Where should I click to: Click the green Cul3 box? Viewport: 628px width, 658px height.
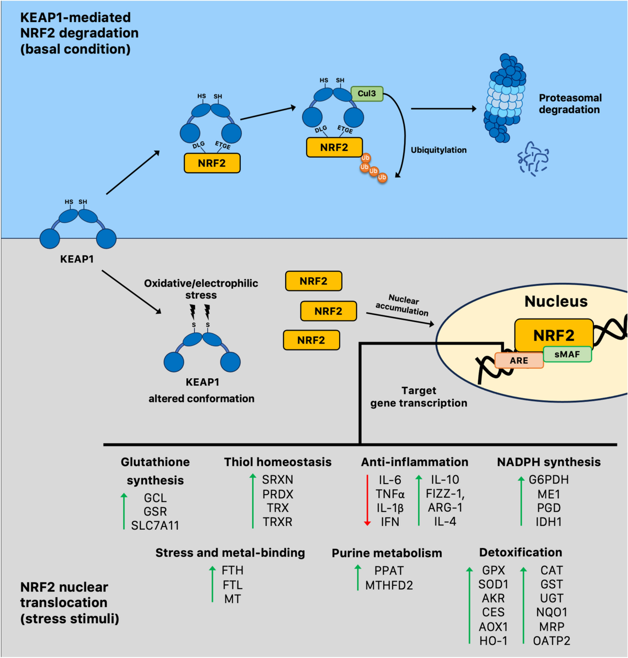(x=367, y=94)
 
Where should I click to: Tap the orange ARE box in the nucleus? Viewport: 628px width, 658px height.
(x=519, y=360)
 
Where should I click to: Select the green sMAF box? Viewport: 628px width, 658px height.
(x=567, y=355)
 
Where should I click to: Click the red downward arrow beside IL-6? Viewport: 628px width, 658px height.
(x=367, y=500)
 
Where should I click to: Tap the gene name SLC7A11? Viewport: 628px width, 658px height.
(x=155, y=525)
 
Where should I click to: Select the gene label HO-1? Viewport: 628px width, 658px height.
(x=493, y=641)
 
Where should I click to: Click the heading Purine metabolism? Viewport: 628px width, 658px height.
(x=387, y=553)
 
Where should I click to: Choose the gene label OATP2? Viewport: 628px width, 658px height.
(x=552, y=641)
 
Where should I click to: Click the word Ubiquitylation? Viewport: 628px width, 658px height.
(x=439, y=150)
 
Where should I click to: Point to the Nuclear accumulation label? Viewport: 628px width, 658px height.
(x=402, y=305)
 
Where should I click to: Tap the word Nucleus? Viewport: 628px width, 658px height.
(x=556, y=302)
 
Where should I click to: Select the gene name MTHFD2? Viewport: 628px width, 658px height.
(x=389, y=585)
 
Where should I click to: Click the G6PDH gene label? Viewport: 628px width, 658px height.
(x=548, y=480)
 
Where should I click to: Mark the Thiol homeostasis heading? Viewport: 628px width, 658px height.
(x=278, y=462)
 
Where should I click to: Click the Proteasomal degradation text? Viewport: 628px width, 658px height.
(x=570, y=104)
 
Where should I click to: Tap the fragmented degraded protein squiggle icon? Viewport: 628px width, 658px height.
(x=533, y=158)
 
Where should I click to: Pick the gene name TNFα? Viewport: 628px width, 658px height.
(x=390, y=494)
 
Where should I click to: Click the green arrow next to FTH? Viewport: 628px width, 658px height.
(x=212, y=584)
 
